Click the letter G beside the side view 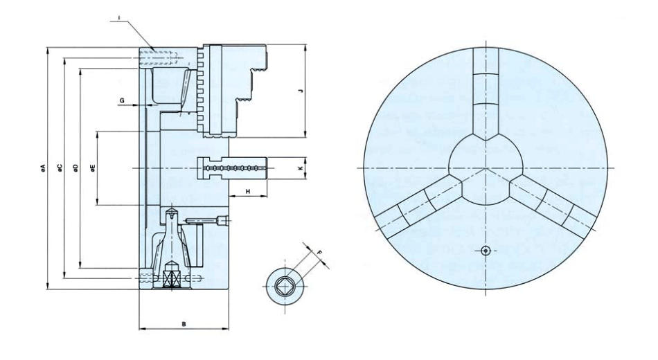tap(123, 101)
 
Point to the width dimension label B tap(183, 323)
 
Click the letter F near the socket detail tap(319, 254)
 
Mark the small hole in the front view tap(486, 250)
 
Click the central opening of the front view tap(486, 168)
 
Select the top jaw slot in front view tap(486, 90)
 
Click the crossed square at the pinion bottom tap(170, 280)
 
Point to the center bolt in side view tap(233, 168)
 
